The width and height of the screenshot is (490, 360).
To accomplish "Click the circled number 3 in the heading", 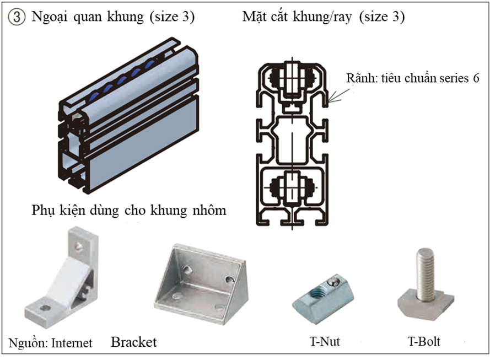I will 17,17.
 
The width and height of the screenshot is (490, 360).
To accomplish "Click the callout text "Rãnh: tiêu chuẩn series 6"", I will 412,78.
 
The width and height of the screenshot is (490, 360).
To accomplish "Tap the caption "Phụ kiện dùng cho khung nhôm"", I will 129,211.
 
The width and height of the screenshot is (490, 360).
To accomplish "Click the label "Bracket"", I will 134,342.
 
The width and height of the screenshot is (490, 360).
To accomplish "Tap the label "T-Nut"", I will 324,341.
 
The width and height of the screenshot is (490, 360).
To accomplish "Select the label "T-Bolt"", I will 424,341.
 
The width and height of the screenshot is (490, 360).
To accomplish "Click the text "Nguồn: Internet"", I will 50,343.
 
